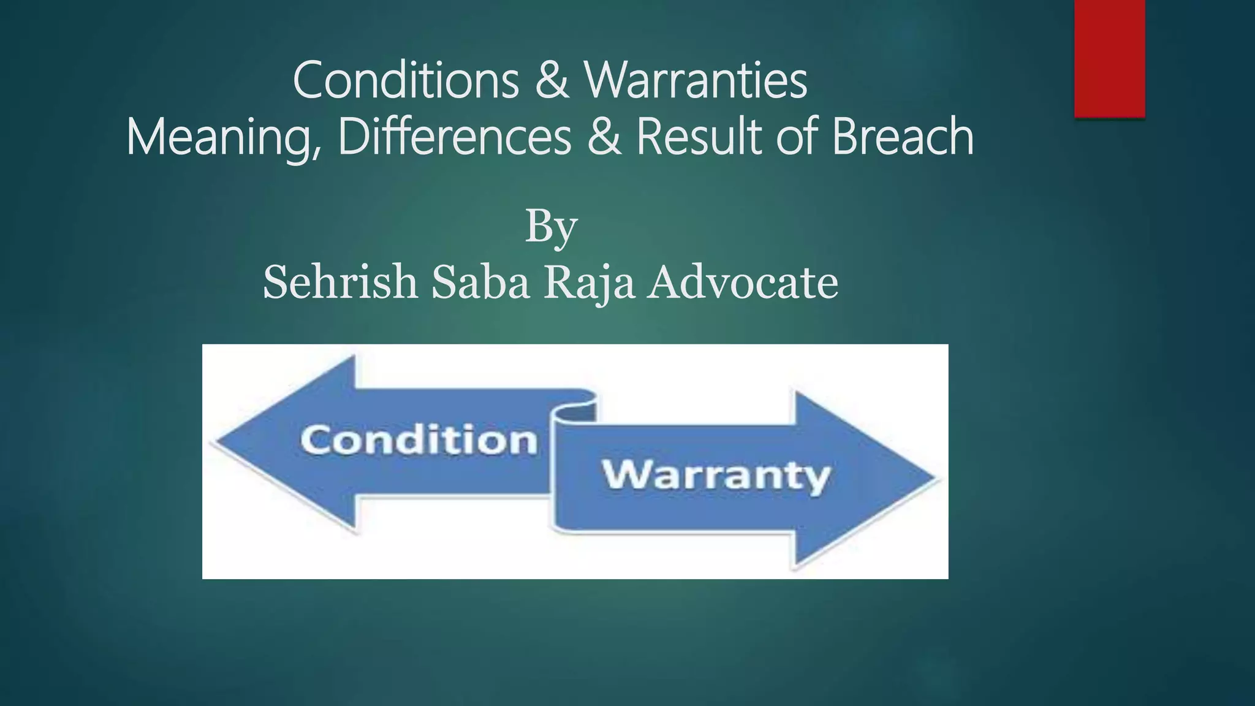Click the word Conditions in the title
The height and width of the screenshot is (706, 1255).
[x=406, y=81]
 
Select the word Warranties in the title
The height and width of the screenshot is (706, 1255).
[x=696, y=81]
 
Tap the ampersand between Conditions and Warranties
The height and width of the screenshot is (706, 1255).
[x=552, y=81]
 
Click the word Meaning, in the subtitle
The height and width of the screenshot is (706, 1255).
[x=224, y=137]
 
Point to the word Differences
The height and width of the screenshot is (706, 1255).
[x=454, y=137]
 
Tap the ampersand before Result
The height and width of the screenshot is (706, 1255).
[x=604, y=137]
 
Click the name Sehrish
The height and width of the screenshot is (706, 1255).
[x=340, y=283]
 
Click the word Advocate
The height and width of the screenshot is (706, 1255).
[x=743, y=283]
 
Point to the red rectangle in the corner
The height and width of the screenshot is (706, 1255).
[x=1109, y=58]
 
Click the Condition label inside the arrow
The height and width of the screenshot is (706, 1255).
[x=419, y=440]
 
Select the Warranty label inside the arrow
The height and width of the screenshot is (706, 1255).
[x=716, y=476]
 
